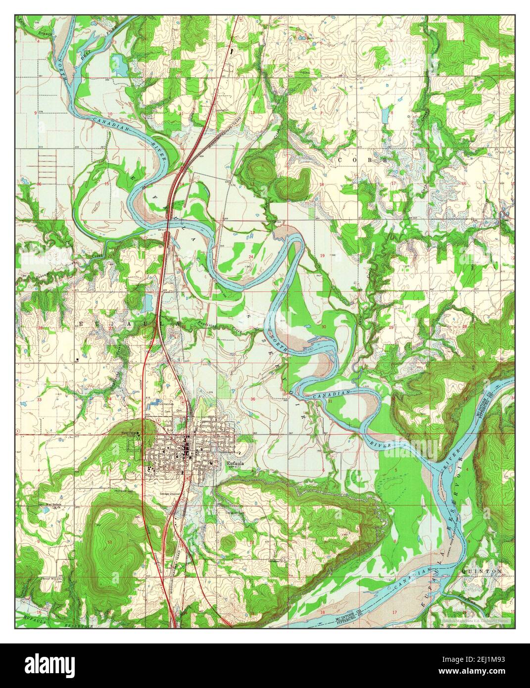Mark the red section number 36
click(x=253, y=399)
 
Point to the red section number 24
click(x=251, y=257)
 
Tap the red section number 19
click(x=322, y=255)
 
